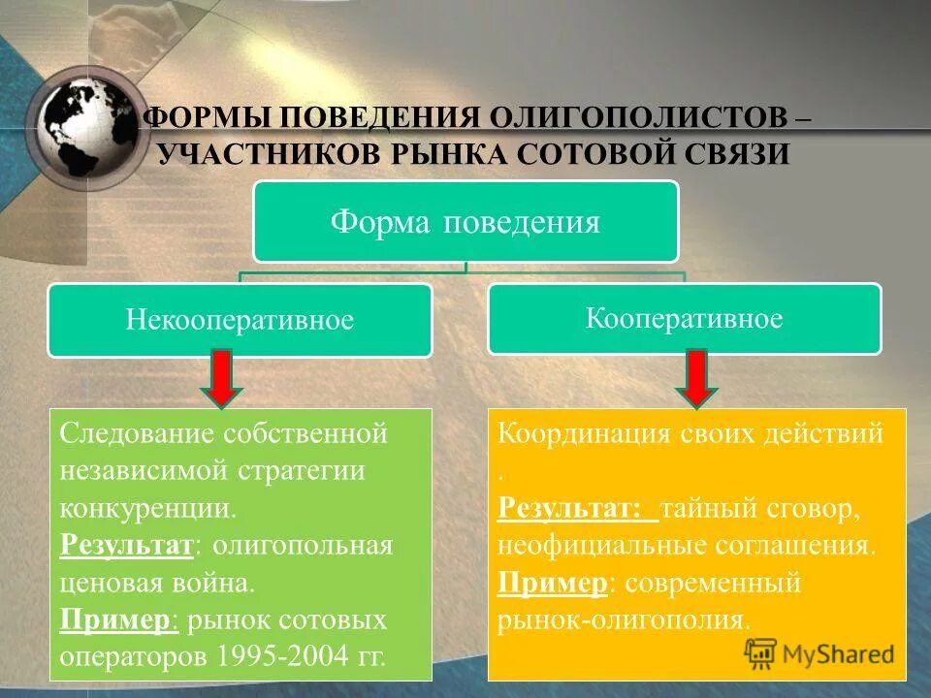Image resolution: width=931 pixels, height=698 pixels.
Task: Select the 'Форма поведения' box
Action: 465,222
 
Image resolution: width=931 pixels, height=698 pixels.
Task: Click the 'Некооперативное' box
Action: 240,320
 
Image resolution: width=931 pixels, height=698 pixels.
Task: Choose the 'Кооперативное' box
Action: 684,318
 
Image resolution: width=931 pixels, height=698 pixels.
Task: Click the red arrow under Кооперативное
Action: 694,379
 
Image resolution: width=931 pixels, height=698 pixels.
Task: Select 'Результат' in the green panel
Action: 127,545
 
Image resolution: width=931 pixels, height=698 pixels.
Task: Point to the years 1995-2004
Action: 285,656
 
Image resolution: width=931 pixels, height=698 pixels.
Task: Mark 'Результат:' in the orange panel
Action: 572,508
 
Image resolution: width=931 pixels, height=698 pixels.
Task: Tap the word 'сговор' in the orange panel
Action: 814,508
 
